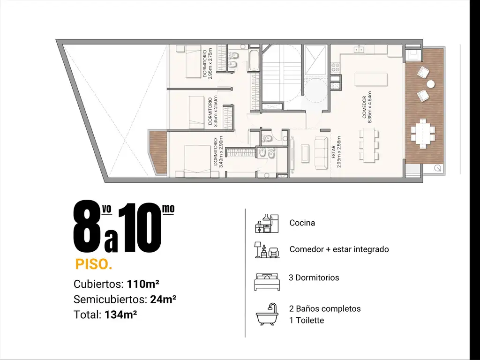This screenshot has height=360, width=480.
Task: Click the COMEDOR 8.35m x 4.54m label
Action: (367, 107)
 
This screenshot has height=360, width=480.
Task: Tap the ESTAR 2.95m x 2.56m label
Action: (336, 152)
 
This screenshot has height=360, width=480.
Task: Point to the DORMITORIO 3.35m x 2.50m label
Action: (212, 111)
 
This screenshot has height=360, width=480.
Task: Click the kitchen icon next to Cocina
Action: (267, 223)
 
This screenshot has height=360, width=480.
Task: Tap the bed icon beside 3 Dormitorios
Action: (267, 281)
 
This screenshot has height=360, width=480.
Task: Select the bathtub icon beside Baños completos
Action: (267, 314)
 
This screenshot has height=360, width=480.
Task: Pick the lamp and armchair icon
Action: (267, 250)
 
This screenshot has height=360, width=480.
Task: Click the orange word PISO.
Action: (94, 264)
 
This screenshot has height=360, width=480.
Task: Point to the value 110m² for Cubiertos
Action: (143, 284)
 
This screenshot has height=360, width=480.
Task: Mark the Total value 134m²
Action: (120, 315)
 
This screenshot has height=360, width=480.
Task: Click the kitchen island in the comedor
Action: (371, 80)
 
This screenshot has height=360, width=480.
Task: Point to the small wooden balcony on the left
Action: (158, 153)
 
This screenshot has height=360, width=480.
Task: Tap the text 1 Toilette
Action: (307, 320)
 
